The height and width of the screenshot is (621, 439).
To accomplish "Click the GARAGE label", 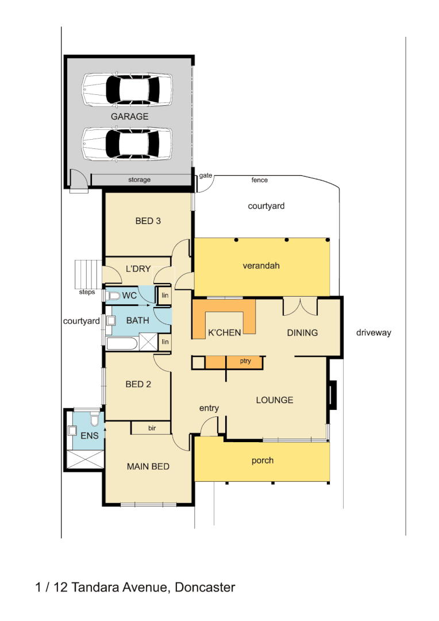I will (x=129, y=116).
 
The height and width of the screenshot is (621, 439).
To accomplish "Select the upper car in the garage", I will (x=126, y=89).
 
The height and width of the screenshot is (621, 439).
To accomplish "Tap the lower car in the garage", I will (x=126, y=143).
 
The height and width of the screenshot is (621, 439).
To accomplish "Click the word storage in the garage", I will (x=139, y=180).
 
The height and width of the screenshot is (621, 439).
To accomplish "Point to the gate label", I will (x=206, y=175).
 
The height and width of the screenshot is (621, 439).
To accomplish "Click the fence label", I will (x=260, y=180).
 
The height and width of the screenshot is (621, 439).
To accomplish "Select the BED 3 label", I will (x=148, y=220).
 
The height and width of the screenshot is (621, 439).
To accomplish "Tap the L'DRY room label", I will (x=138, y=269).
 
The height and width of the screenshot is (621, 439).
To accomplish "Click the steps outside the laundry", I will (x=88, y=274).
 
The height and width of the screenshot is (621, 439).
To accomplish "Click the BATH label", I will (x=137, y=320).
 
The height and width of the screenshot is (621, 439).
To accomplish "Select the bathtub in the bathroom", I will (x=122, y=344).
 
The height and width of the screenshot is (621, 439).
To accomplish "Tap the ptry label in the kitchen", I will (x=245, y=362).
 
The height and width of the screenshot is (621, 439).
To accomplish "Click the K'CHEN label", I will (x=224, y=332).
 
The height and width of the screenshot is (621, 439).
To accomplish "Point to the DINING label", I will (x=302, y=332).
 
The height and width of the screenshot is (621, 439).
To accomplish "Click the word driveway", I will (x=373, y=332).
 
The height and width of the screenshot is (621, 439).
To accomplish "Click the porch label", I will (x=263, y=461).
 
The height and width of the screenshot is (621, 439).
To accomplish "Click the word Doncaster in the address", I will (x=205, y=587).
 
